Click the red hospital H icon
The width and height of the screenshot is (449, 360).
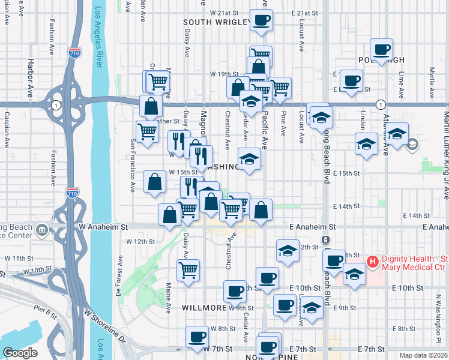pyautogui.click(x=372, y=262)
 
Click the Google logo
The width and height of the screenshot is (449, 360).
pyautogui.click(x=20, y=352)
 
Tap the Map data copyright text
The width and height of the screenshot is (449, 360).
pyautogui.click(x=423, y=355)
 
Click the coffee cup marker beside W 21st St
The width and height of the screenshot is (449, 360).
pyautogui.click(x=261, y=20)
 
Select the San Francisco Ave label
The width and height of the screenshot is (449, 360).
pyautogui.click(x=133, y=165)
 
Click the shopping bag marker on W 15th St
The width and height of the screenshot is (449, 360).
pyautogui.click(x=155, y=183)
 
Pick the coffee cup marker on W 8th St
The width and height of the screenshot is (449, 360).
pyautogui.click(x=196, y=337)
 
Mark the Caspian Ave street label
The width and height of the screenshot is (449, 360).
pyautogui.click(x=7, y=127)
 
